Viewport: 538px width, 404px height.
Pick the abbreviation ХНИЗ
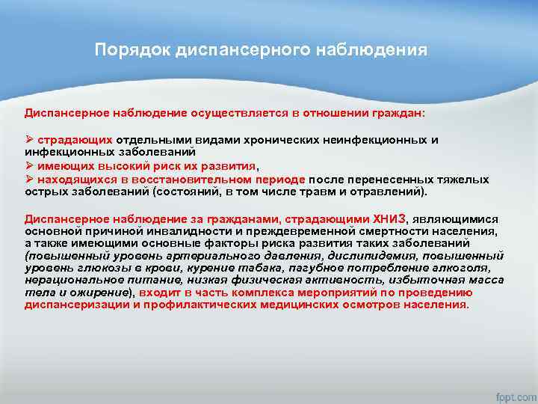(x=382, y=218)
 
